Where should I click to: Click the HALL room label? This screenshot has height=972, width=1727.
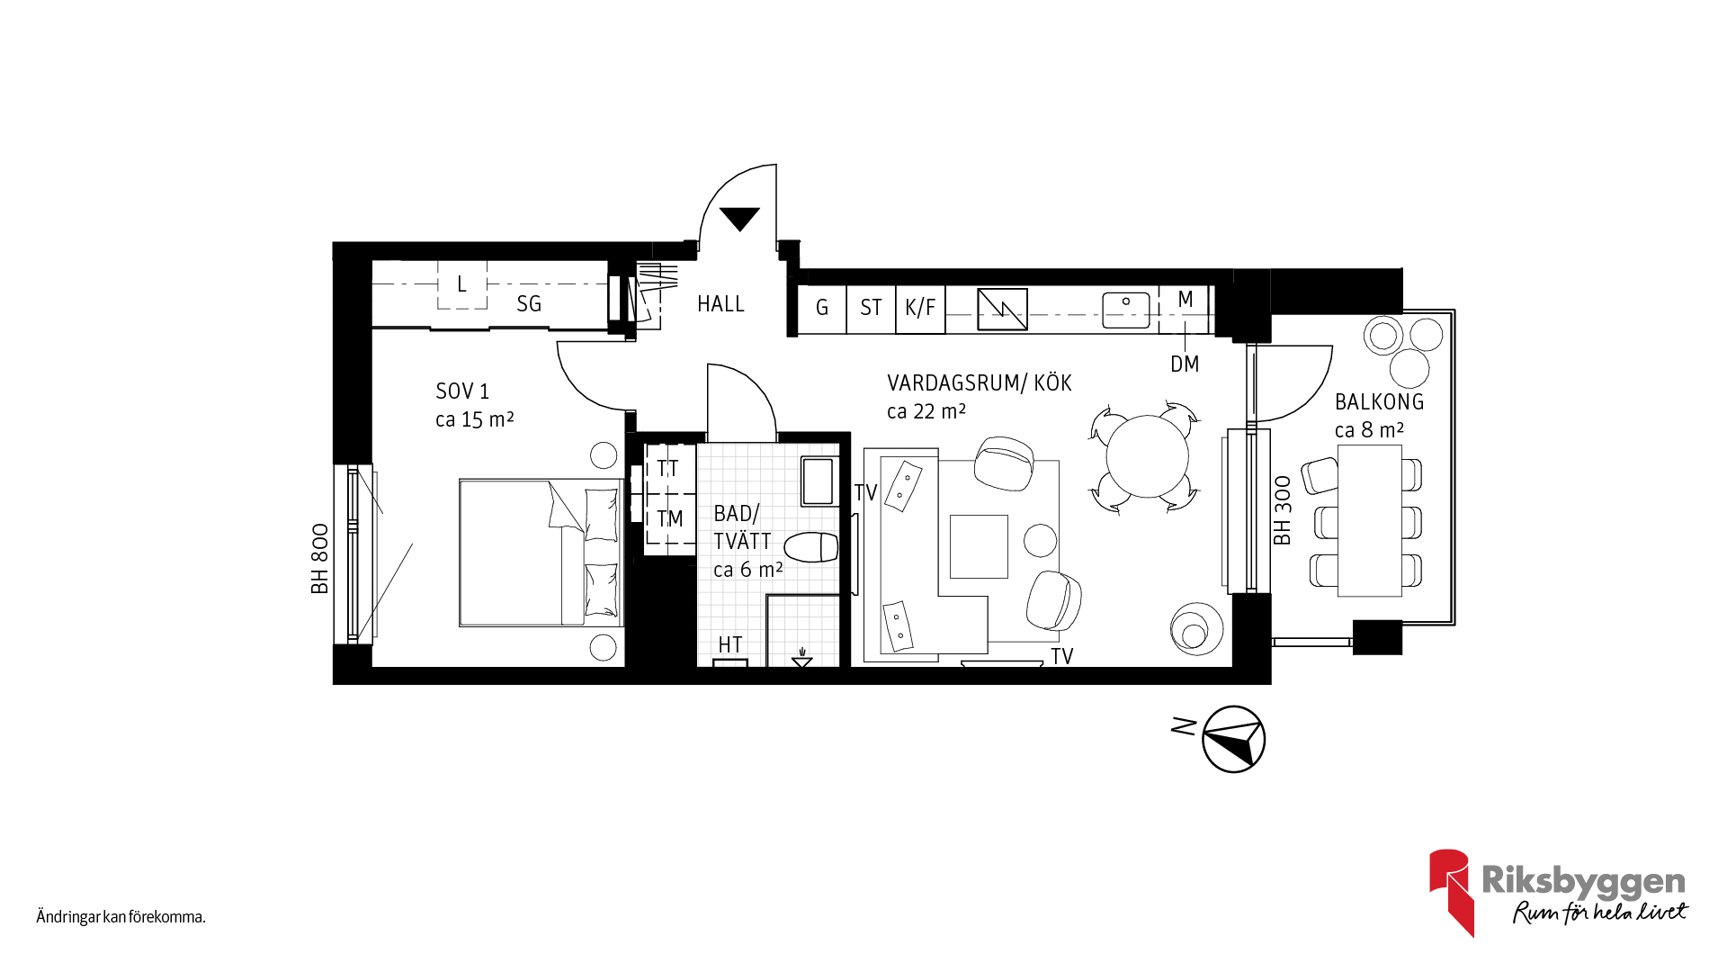(x=720, y=304)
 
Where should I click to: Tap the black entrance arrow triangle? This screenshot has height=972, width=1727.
(x=739, y=218)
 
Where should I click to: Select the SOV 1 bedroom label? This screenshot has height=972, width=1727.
(x=462, y=391)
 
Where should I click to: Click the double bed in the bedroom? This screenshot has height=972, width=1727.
(x=541, y=553)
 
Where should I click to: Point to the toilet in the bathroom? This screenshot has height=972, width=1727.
(x=811, y=547)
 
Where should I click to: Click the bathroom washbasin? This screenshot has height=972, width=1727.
(x=819, y=481)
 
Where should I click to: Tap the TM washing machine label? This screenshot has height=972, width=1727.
(x=670, y=519)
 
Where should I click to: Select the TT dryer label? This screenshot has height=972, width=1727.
(x=667, y=469)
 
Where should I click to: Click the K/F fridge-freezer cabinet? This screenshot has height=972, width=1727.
(x=920, y=309)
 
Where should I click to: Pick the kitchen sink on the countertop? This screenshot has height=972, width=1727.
(x=1126, y=310)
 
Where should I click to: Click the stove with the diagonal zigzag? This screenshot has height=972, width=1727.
(x=1002, y=310)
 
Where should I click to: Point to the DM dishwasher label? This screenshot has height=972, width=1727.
(x=1185, y=364)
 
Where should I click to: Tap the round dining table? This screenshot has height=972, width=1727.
(x=1147, y=456)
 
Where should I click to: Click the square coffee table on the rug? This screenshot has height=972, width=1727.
(x=979, y=546)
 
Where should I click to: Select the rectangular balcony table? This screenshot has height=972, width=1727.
(x=1369, y=520)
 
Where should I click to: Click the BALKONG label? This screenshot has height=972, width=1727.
(x=1379, y=402)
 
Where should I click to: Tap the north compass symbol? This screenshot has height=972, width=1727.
(x=1234, y=739)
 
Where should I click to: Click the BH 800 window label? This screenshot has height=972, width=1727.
(x=319, y=559)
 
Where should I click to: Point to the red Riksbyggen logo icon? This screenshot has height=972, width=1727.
(x=1451, y=891)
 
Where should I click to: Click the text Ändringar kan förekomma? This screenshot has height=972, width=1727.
(x=121, y=917)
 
